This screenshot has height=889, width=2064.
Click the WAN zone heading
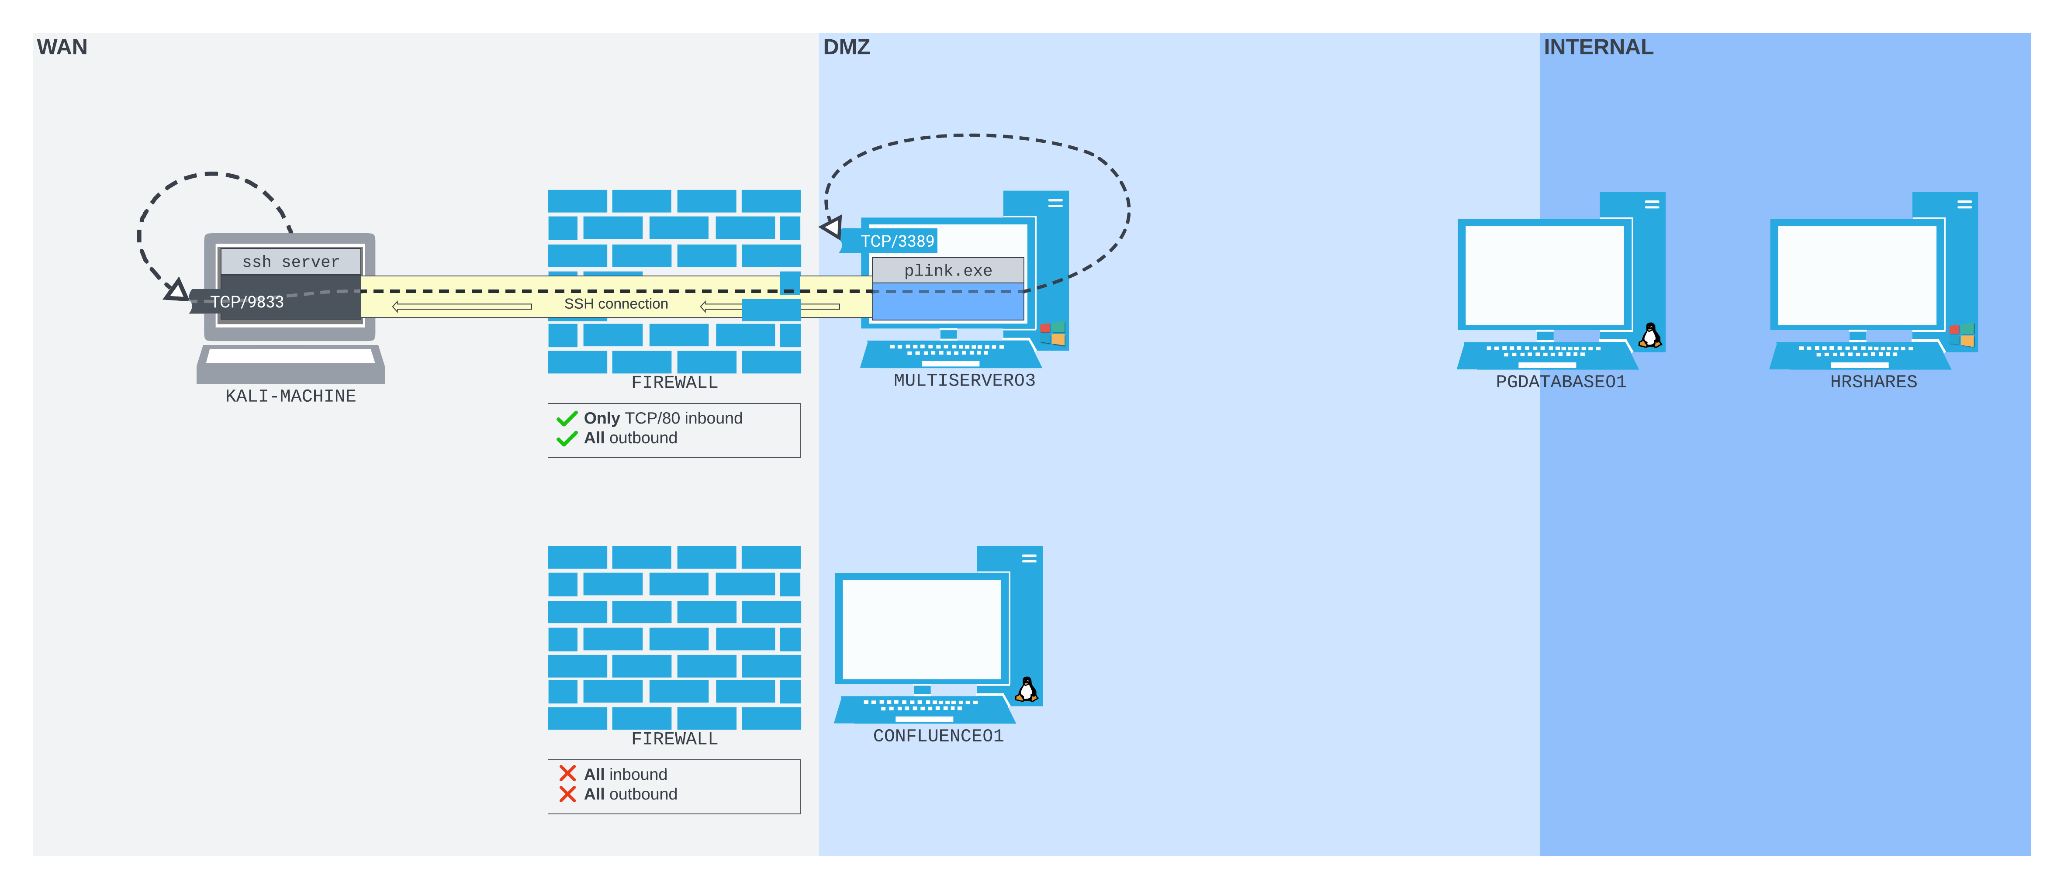click(62, 47)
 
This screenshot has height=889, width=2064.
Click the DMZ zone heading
click(846, 47)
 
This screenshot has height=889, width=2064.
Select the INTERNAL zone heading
click(1597, 47)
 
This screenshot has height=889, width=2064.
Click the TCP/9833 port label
click(247, 302)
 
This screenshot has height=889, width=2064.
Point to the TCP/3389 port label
click(897, 241)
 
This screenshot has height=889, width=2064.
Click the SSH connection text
click(615, 303)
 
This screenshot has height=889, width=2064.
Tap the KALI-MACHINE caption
click(290, 396)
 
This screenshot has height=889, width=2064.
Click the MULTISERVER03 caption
click(964, 380)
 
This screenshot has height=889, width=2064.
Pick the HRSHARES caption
click(1873, 382)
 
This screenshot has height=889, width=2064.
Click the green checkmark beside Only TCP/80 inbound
click(567, 418)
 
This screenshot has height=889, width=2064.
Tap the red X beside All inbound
click(567, 774)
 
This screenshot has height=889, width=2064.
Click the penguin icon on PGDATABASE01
click(1650, 336)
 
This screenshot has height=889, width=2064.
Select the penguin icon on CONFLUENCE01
click(1027, 689)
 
